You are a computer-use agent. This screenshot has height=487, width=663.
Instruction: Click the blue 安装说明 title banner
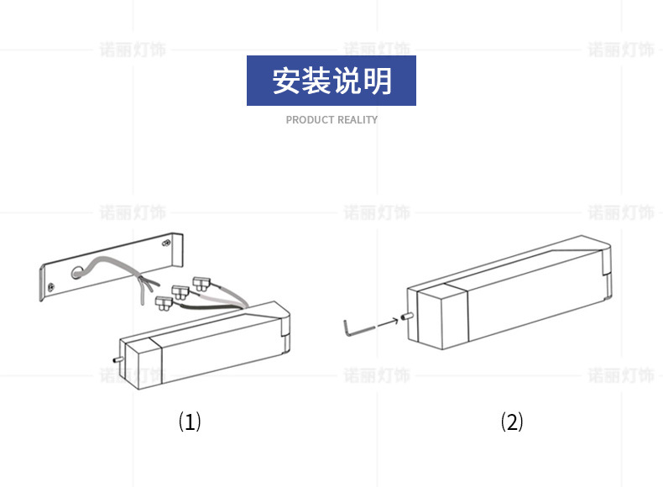[x=331, y=81]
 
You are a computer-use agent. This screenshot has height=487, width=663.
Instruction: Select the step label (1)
[x=190, y=421]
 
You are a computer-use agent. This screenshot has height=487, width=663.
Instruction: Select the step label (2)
[x=512, y=421]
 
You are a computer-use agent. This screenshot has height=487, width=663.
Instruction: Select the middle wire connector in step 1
[x=180, y=291]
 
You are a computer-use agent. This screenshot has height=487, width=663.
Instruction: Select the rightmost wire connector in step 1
[x=201, y=282]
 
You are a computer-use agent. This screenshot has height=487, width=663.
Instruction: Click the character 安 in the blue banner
[x=286, y=81]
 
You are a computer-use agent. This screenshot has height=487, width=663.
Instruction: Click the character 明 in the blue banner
[x=378, y=81]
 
